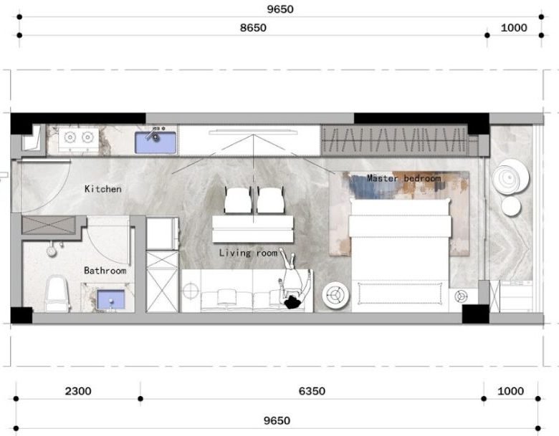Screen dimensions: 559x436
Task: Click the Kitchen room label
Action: [x=103, y=189]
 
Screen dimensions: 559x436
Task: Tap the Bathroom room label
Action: [x=105, y=271]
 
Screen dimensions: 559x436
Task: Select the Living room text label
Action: [x=248, y=253]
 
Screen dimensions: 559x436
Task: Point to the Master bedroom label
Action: [x=404, y=178]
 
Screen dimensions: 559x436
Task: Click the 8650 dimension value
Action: [x=253, y=28]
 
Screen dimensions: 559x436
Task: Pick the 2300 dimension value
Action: [x=78, y=391]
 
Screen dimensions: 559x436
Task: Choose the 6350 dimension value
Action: [x=312, y=391]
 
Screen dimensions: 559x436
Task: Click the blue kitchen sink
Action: [x=156, y=142]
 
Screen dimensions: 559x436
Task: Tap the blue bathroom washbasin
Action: [x=111, y=299]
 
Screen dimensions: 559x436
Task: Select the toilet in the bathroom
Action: [x=57, y=294]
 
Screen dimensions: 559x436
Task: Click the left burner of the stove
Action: [x=70, y=137]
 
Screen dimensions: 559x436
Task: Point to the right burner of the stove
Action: [x=87, y=137]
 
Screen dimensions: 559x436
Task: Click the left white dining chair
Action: [x=238, y=200]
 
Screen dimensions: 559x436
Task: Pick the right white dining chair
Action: [x=271, y=200]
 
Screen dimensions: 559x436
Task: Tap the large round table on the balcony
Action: [x=510, y=177]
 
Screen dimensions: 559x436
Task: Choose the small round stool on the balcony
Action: [x=511, y=206]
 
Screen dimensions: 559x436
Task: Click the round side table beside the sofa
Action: [x=335, y=295]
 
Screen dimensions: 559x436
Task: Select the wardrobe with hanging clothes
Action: [x=394, y=140]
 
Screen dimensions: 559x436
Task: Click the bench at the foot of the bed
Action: [x=400, y=293]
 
